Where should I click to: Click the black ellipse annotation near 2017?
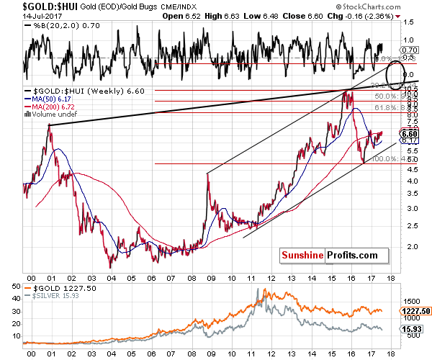pos(395,74)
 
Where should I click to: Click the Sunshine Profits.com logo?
pos(328,255)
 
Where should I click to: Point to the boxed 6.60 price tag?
pos(409,133)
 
